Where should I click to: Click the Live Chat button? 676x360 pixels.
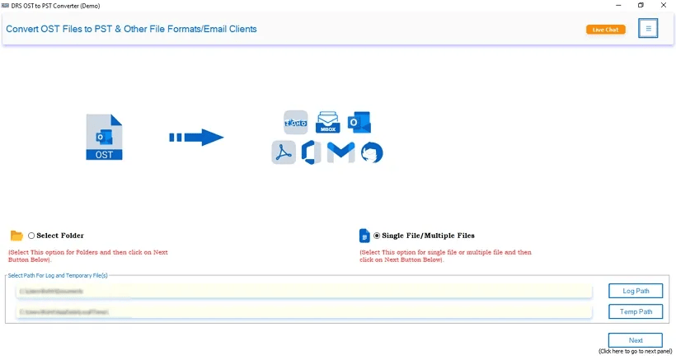pyautogui.click(x=605, y=30)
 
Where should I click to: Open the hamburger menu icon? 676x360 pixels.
pyautogui.click(x=648, y=29)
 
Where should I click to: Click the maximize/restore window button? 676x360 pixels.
pyautogui.click(x=641, y=6)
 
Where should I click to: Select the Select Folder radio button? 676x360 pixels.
pyautogui.click(x=31, y=236)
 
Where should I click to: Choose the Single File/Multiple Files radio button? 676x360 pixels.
pyautogui.click(x=377, y=236)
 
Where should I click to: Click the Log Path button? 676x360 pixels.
pyautogui.click(x=635, y=291)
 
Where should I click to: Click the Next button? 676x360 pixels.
pyautogui.click(x=635, y=340)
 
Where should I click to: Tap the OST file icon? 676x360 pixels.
pyautogui.click(x=104, y=138)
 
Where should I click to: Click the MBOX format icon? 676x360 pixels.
pyautogui.click(x=328, y=122)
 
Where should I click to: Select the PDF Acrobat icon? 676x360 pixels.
pyautogui.click(x=284, y=152)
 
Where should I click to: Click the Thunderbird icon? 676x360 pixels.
pyautogui.click(x=372, y=152)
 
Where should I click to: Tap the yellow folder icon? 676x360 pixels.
pyautogui.click(x=16, y=236)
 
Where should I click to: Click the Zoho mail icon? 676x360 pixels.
pyautogui.click(x=295, y=123)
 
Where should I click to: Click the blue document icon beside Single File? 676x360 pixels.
pyautogui.click(x=364, y=236)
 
